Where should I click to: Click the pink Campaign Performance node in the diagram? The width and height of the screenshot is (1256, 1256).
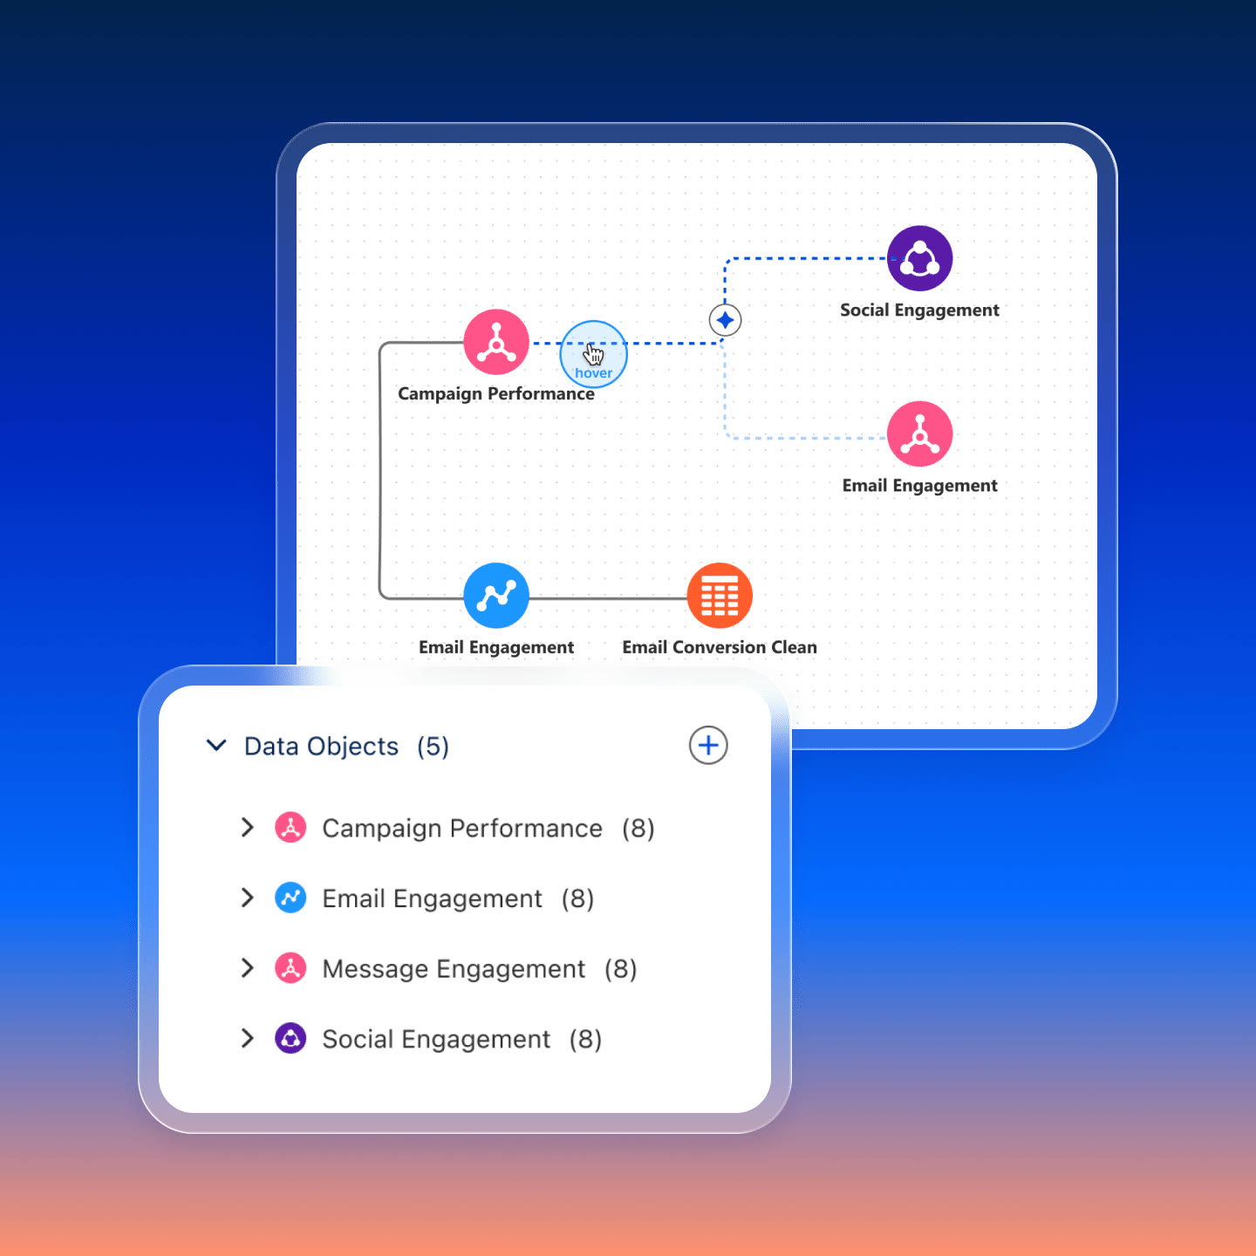coord(496,342)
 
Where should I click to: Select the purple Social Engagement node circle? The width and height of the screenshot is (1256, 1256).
coord(919,258)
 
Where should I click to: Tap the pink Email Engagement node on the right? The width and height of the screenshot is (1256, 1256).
coord(919,433)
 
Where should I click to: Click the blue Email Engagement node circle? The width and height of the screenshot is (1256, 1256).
coord(496,595)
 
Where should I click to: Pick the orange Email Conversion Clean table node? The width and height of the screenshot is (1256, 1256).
coord(720,595)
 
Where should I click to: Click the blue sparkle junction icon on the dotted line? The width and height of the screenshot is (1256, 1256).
coord(725,320)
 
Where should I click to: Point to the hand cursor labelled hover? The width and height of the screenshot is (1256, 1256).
coord(593,355)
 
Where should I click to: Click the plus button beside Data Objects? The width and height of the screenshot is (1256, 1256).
coord(708,745)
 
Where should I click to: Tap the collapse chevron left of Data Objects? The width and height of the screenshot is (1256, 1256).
coord(215,745)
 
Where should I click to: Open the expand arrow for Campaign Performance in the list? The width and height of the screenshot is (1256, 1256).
coord(247,827)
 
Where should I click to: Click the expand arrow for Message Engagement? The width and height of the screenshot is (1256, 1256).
coord(247,968)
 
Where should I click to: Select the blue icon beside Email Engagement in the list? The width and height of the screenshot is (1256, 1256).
coord(290,898)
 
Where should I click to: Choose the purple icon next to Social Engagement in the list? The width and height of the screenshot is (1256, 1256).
coord(290,1038)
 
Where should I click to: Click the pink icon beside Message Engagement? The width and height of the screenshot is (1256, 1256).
coord(290,968)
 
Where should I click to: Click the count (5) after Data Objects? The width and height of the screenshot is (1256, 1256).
coord(433,747)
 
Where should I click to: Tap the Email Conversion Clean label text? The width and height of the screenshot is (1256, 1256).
coord(720,647)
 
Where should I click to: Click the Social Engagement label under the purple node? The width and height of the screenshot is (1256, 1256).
coord(919,311)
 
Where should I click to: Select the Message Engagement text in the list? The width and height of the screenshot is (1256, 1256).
coord(454,969)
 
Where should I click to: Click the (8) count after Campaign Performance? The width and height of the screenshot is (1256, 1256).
coord(638,829)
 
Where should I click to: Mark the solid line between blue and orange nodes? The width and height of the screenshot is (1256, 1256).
coord(608,597)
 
